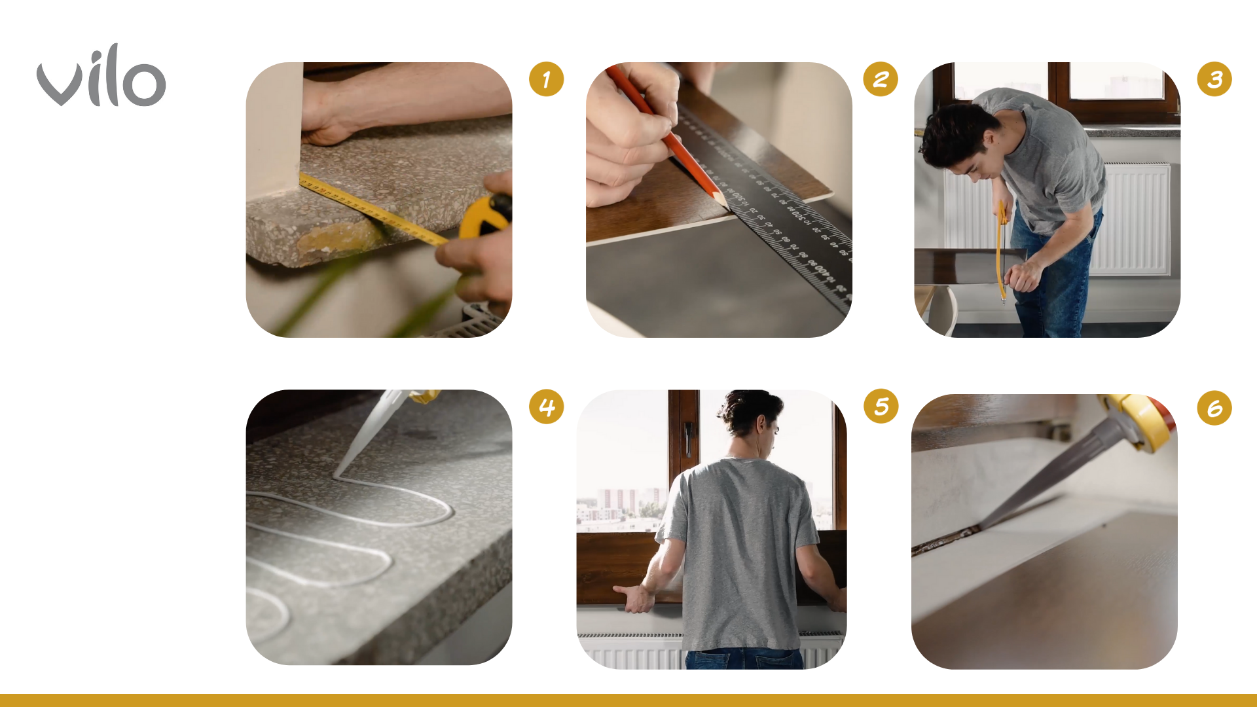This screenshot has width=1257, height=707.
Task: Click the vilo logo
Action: click(101, 75)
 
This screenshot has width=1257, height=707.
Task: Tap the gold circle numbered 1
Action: click(546, 79)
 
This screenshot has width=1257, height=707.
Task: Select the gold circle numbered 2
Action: click(881, 79)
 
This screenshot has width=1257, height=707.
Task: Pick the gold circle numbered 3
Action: click(1214, 79)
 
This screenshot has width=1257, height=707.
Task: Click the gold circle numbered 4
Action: click(546, 407)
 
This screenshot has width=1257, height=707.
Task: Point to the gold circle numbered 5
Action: click(881, 407)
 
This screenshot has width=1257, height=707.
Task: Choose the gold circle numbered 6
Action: click(1214, 408)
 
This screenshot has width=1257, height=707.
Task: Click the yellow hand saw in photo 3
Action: click(1000, 252)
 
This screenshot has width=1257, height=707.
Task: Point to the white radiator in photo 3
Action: click(1129, 219)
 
